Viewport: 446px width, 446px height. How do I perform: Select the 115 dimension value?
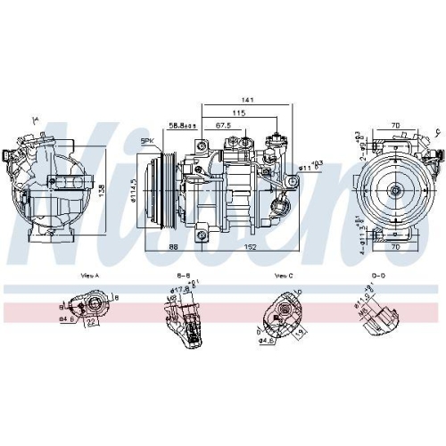(x=238, y=113)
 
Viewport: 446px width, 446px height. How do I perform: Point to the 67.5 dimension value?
(x=223, y=126)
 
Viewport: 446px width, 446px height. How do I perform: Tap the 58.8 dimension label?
(x=184, y=126)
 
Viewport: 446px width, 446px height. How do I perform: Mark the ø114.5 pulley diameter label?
(x=133, y=190)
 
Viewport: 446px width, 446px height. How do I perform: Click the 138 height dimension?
(x=101, y=190)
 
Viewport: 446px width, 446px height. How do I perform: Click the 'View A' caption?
(x=90, y=277)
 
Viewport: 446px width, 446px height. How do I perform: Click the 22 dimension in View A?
(x=93, y=323)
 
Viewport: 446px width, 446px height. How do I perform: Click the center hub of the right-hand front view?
(x=393, y=188)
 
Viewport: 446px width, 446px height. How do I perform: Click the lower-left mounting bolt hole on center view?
(x=202, y=235)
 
